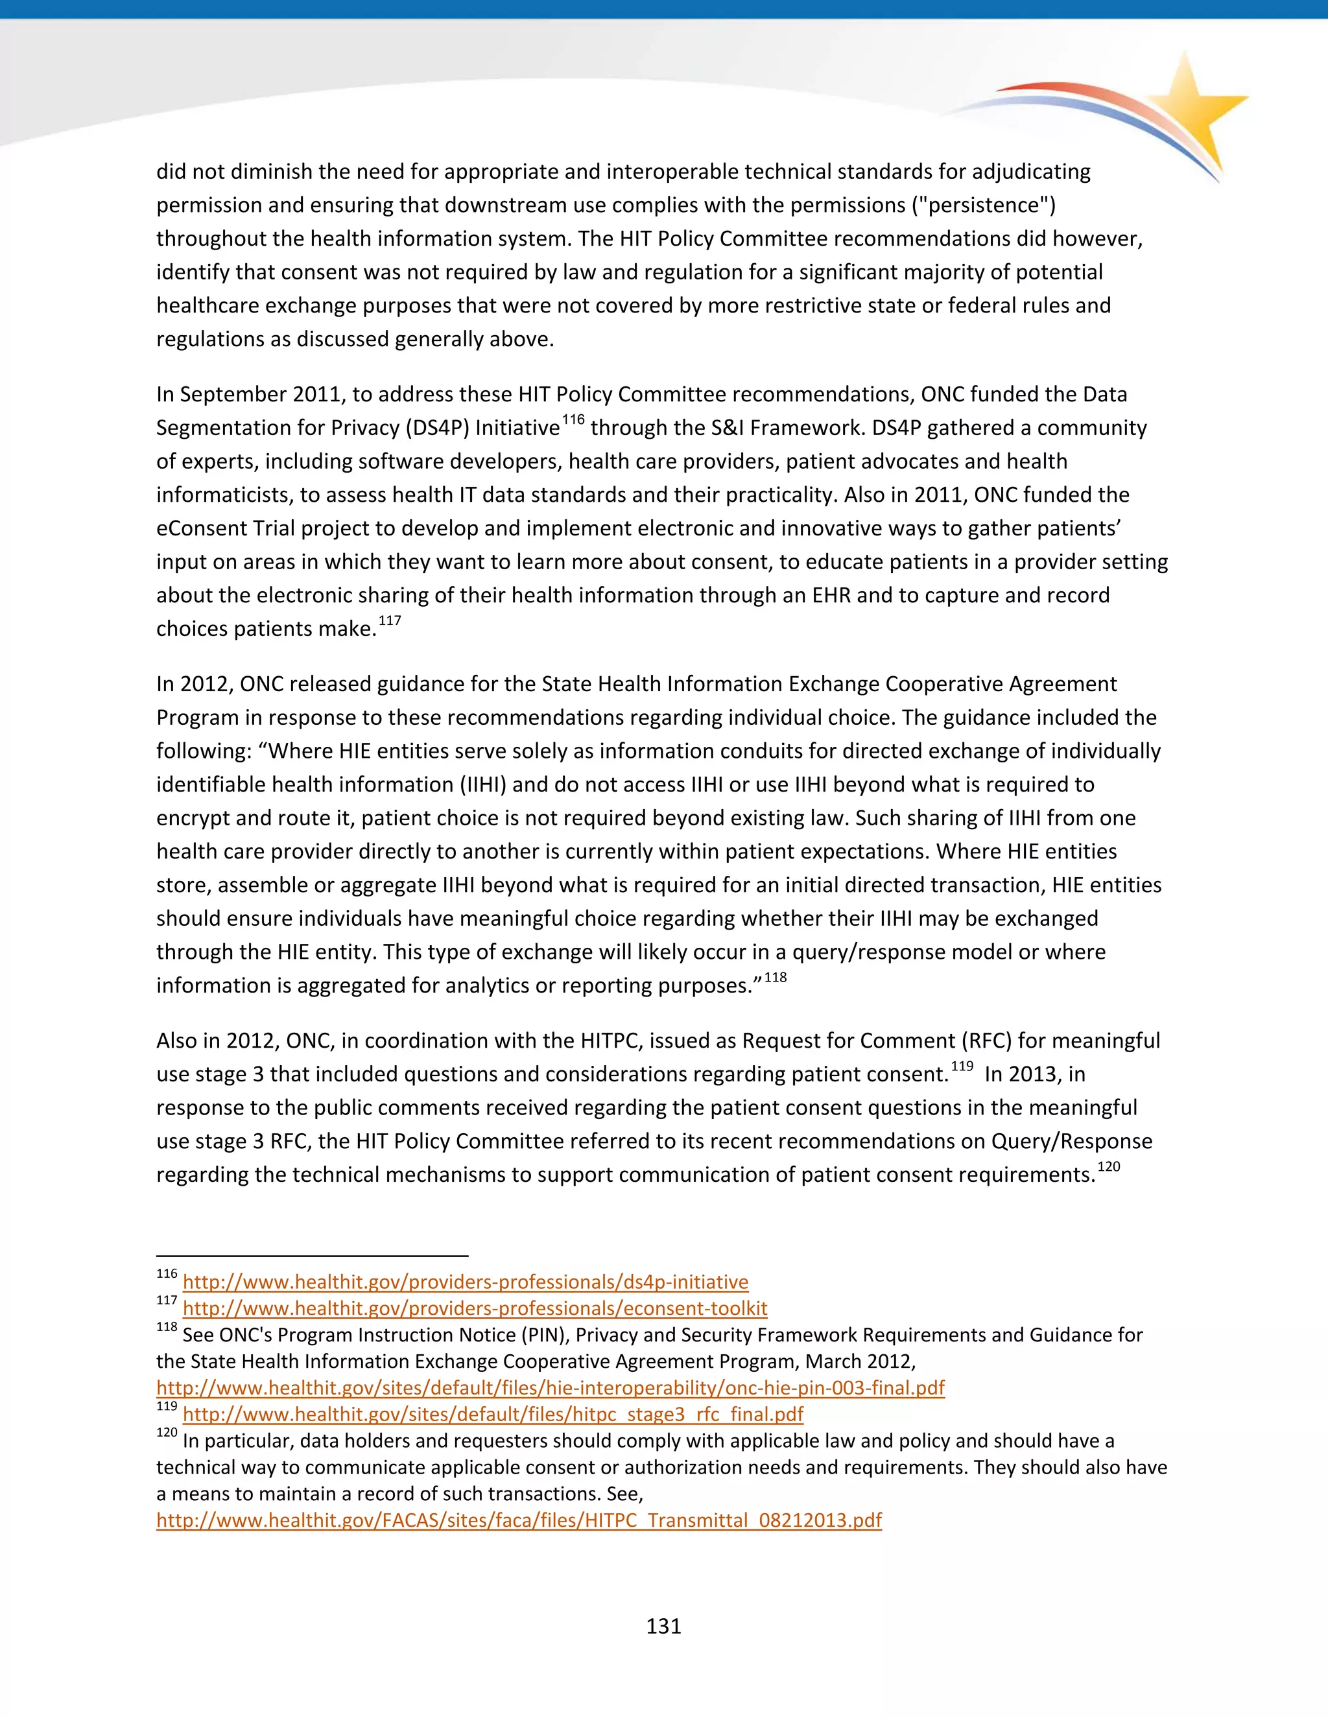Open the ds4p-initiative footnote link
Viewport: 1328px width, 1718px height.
point(465,1282)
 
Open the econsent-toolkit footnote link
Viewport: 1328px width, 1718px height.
point(475,1308)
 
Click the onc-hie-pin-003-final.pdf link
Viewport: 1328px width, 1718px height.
point(550,1387)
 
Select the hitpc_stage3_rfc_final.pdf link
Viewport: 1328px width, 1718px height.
point(493,1415)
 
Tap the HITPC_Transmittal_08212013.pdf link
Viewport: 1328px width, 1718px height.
point(519,1520)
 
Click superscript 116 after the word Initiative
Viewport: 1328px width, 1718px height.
point(573,420)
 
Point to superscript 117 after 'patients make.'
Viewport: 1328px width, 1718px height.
point(390,620)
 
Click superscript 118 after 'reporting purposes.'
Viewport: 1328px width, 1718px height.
point(775,977)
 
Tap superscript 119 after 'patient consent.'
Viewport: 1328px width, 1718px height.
point(962,1066)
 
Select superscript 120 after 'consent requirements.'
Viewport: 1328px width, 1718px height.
point(1108,1166)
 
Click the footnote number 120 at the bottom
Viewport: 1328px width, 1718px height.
point(167,1433)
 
